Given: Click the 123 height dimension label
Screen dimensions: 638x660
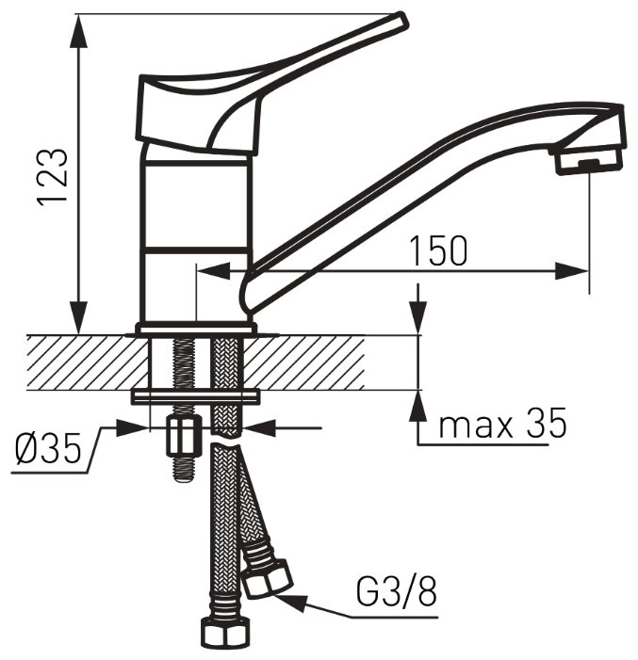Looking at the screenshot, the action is pyautogui.click(x=53, y=177).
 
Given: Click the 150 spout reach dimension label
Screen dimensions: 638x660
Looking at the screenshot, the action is pyautogui.click(x=438, y=250).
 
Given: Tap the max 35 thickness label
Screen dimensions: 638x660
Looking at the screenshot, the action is pyautogui.click(x=502, y=425).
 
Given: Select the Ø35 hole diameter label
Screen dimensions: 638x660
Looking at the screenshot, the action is pyautogui.click(x=48, y=449).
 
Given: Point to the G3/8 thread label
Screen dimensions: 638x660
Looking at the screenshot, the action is pyautogui.click(x=396, y=591).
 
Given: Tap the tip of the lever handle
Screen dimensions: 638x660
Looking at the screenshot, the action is pyautogui.click(x=401, y=20).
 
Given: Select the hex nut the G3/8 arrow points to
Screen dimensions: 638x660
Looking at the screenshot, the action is pyautogui.click(x=268, y=579).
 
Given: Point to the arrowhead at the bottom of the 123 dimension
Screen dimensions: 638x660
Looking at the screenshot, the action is pyautogui.click(x=80, y=316).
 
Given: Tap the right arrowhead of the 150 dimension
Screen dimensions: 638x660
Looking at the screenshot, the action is pyautogui.click(x=572, y=271).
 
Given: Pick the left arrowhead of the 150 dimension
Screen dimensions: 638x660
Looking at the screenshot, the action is pyautogui.click(x=214, y=271).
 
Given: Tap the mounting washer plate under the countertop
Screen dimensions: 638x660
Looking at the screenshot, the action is pyautogui.click(x=195, y=397).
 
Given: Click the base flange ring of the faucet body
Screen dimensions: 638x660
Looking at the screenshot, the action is pyautogui.click(x=195, y=329).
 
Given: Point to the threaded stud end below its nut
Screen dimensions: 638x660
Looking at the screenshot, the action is pyautogui.click(x=184, y=469).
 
